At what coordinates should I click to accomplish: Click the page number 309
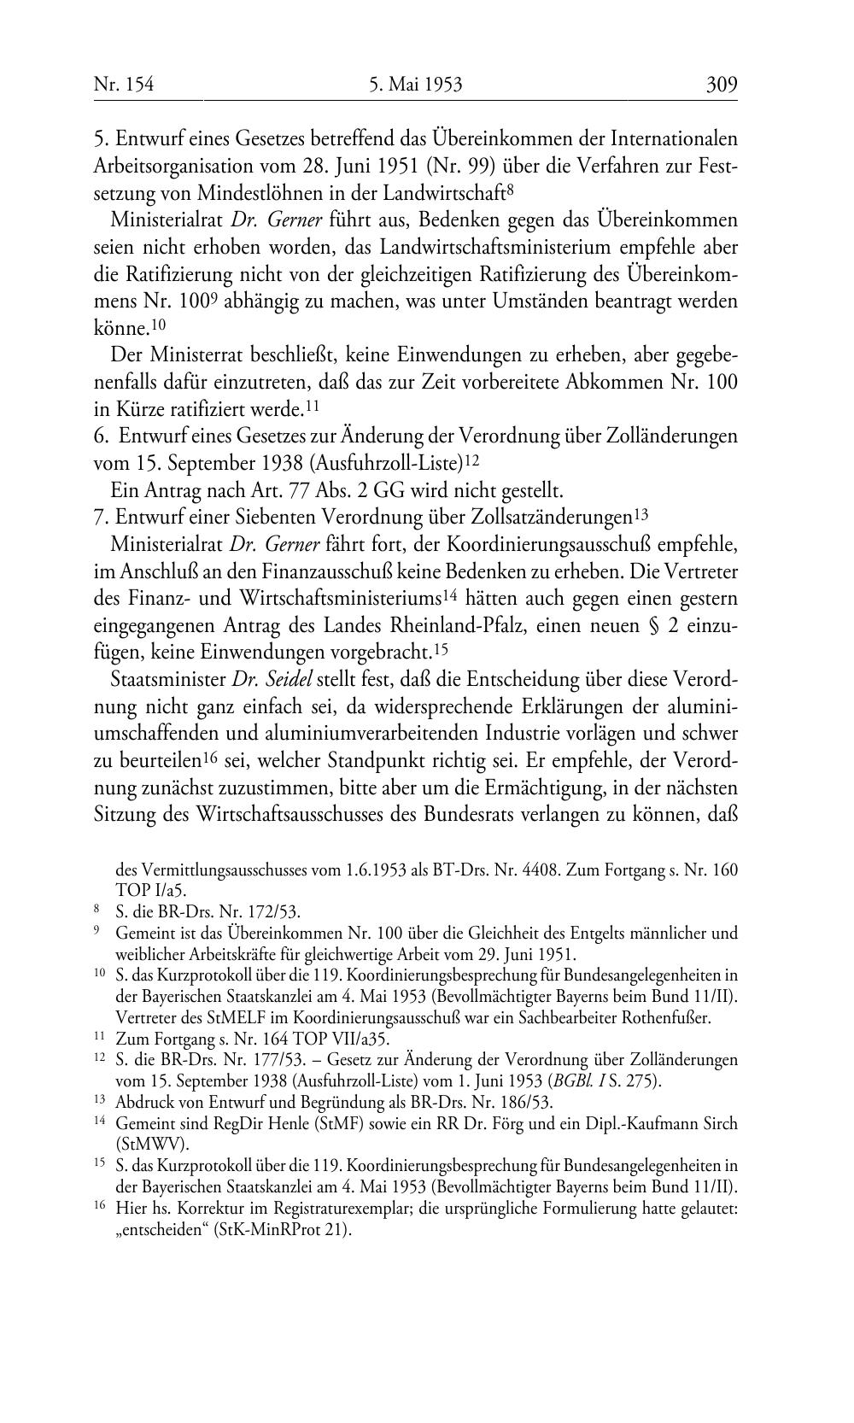click(721, 85)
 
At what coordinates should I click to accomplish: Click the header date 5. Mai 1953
click(416, 85)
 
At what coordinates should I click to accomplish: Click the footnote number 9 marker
click(97, 930)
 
